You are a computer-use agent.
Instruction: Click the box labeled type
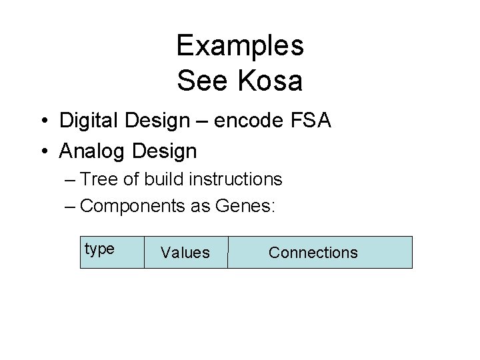[x=112, y=251]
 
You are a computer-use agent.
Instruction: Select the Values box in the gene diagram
[x=185, y=253]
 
